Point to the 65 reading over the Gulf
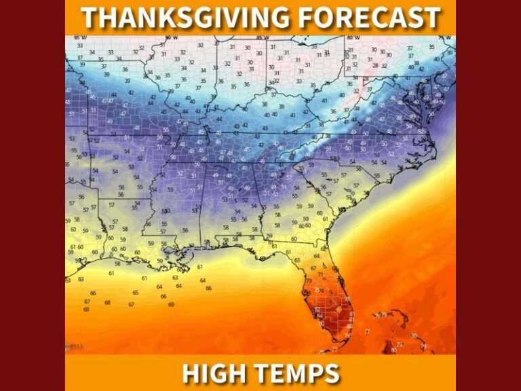point(136,293)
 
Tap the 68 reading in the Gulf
point(108,302)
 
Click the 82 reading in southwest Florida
point(317,310)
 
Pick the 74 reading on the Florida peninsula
point(321,290)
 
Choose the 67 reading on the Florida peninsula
point(313,269)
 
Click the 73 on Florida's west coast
point(309,281)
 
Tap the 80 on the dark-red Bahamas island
point(394,350)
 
